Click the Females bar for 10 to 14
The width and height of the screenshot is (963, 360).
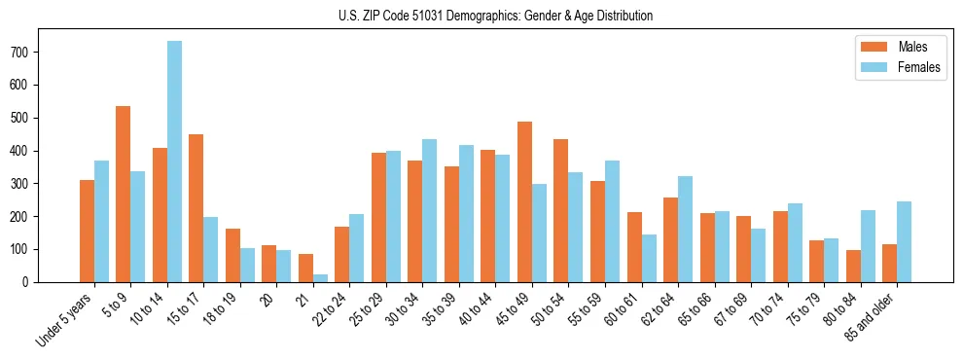click(x=174, y=162)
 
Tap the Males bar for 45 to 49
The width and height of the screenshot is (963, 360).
click(x=524, y=201)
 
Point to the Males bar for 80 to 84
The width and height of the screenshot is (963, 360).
click(x=853, y=266)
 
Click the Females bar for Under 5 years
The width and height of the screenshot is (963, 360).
click(x=101, y=221)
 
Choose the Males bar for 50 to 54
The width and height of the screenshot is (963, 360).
click(x=561, y=210)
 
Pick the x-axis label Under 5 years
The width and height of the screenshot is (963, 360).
click(x=67, y=320)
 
